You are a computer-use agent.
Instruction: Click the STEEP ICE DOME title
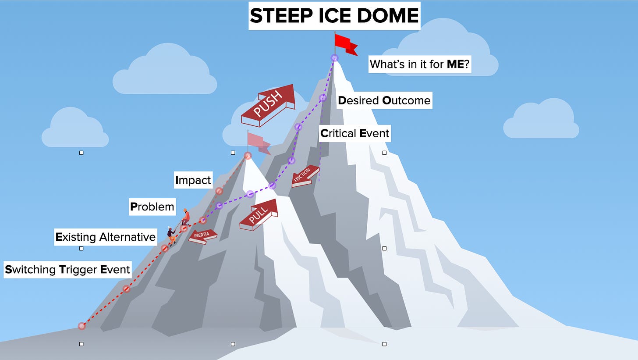pos(334,16)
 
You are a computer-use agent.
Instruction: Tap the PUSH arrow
pos(267,106)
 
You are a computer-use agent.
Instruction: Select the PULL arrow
pos(259,214)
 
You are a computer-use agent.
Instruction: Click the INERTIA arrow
pos(203,236)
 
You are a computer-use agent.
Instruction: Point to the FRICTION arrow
pos(305,176)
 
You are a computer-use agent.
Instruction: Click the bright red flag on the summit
pos(345,43)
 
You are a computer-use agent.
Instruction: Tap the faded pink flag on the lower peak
pos(258,142)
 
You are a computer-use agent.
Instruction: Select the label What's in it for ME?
pos(419,64)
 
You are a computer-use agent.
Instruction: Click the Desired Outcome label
pos(384,100)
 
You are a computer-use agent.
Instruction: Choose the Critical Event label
pos(354,133)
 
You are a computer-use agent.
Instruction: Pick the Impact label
pos(193,180)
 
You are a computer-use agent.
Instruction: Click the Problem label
pos(152,206)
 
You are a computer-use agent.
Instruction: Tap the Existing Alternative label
pos(106,237)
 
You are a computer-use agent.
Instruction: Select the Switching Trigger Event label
pos(67,269)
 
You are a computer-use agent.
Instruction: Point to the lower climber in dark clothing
pos(171,235)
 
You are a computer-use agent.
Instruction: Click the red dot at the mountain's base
pos(82,326)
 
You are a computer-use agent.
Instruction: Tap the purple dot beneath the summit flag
pos(334,58)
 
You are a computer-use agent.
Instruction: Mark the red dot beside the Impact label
pos(219,191)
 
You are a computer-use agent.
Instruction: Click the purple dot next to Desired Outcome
pos(323,98)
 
